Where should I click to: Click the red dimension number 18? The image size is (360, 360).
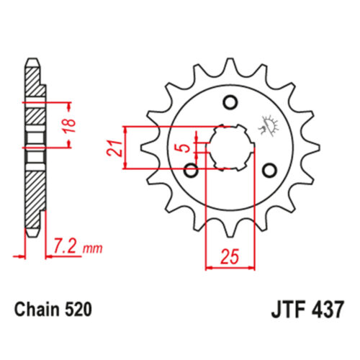click(70, 125)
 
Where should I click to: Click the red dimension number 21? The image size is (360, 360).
click(114, 149)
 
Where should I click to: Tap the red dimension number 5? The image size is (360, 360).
click(185, 148)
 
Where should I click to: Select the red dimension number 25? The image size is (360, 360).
click(230, 256)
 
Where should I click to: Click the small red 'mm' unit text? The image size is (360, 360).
click(92, 249)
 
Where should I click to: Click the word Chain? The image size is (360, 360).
click(37, 310)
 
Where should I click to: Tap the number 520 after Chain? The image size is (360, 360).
click(78, 310)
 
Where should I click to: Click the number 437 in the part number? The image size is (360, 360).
click(328, 310)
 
